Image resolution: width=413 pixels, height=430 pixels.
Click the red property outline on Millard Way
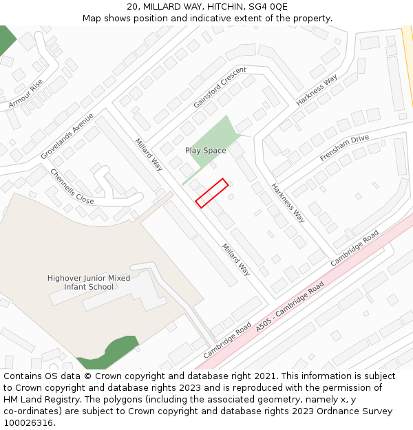click(211, 193)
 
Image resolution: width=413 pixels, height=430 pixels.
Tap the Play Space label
click(205, 151)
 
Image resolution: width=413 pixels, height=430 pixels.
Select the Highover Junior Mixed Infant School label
click(89, 282)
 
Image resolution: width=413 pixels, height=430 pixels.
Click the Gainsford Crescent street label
click(220, 87)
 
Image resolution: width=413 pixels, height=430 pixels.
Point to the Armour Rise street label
click(26, 94)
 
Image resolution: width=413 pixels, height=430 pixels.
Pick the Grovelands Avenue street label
click(67, 136)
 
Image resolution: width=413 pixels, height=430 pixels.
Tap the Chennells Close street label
click(72, 186)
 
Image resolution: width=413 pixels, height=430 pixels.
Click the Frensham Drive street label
click(344, 148)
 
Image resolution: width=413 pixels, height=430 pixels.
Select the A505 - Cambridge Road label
click(289, 307)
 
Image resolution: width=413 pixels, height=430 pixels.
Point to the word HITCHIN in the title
click(217, 6)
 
